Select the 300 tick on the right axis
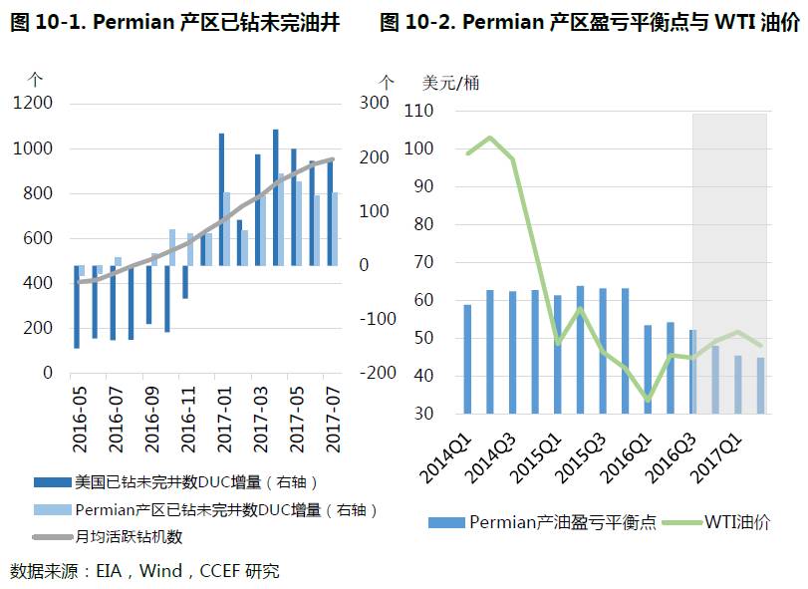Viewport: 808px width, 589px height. pos(373,103)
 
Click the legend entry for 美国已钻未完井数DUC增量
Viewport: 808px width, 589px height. pos(195,482)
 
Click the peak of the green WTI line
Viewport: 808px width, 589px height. pos(490,138)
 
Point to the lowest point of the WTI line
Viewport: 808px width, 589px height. pos(648,400)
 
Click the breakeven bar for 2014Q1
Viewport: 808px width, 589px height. pos(468,359)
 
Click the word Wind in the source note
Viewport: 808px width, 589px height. pos(161,571)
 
